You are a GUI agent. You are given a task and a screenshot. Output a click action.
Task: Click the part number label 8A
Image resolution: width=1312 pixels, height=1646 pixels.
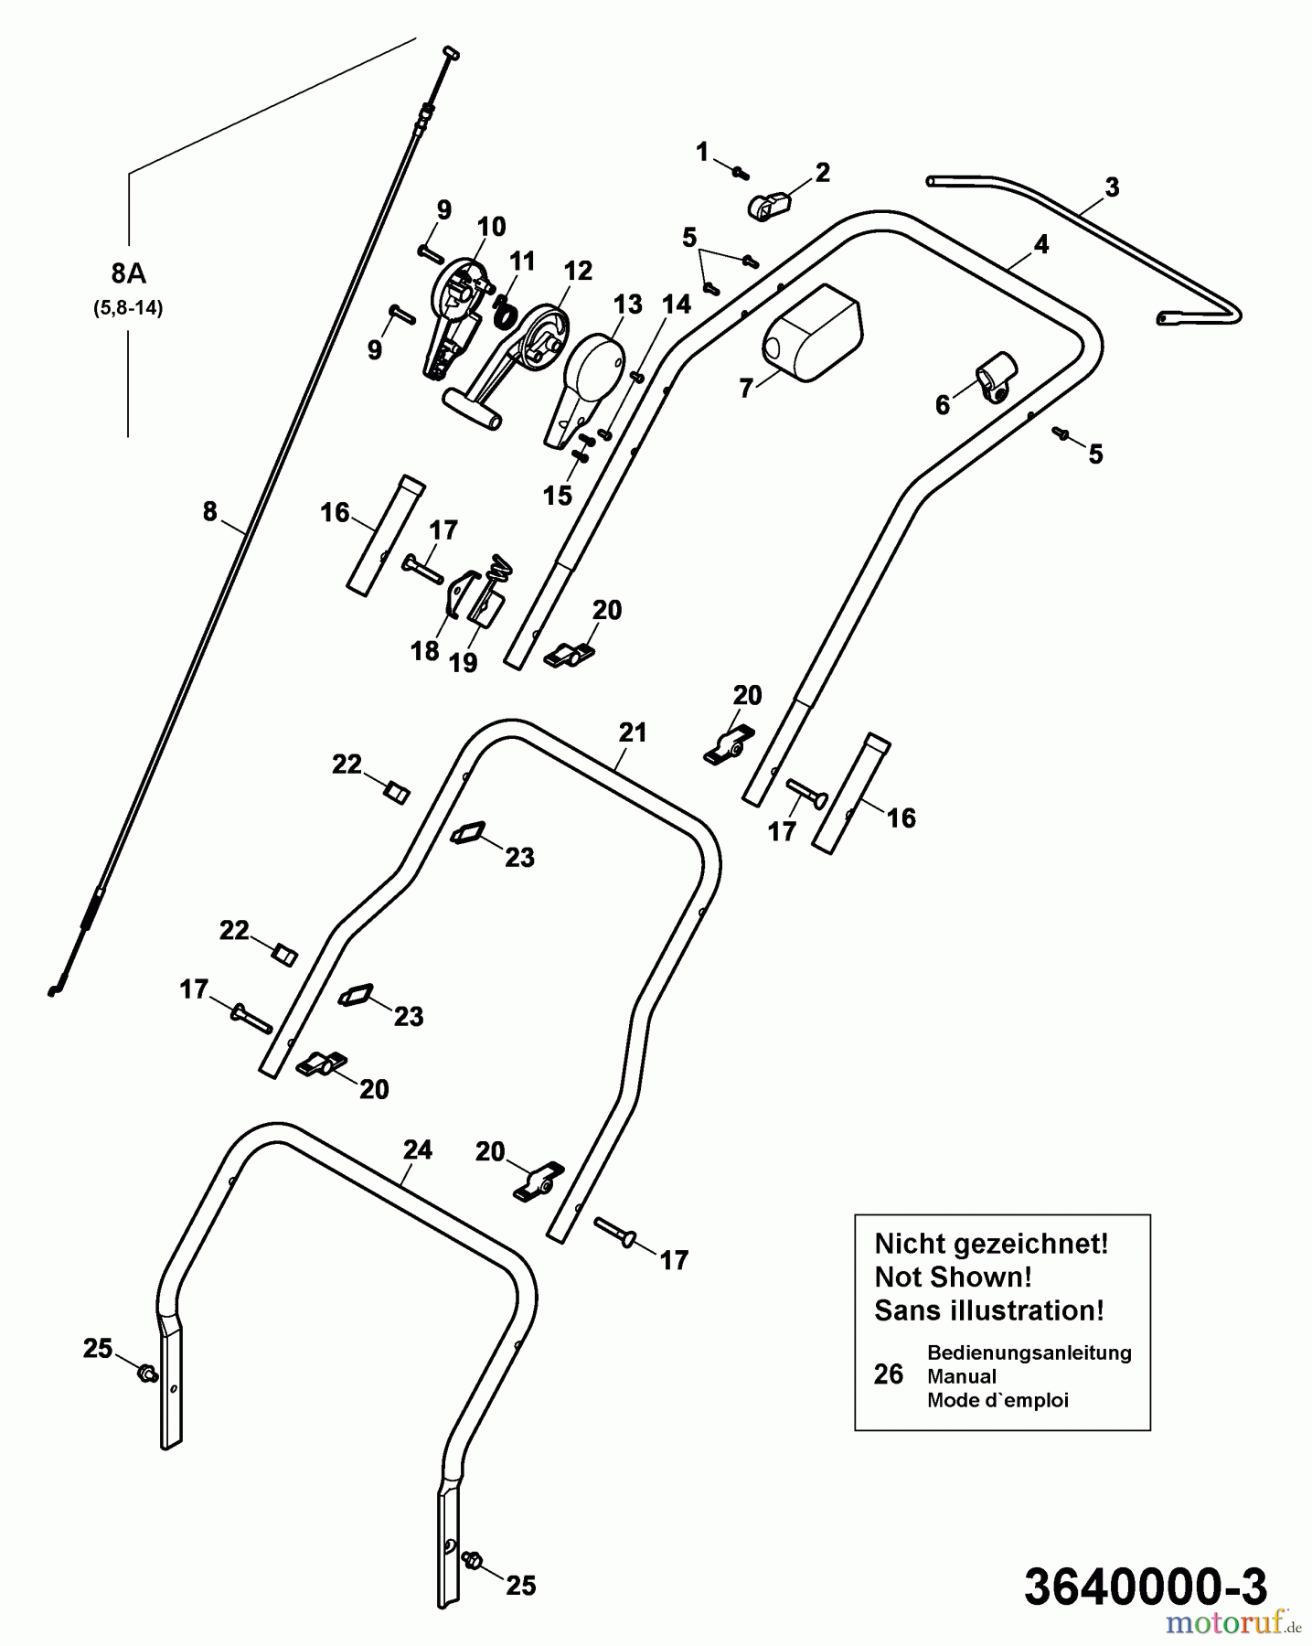(x=128, y=273)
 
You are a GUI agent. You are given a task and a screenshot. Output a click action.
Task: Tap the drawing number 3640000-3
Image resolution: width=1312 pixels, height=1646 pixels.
(x=1146, y=1586)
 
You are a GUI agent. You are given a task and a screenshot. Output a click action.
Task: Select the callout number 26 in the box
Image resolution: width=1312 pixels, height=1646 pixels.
(x=888, y=1375)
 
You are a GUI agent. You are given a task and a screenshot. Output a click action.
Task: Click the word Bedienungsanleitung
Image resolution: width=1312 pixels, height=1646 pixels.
(x=1029, y=1352)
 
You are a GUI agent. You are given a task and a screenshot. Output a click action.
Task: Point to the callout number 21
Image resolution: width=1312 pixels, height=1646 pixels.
(x=632, y=732)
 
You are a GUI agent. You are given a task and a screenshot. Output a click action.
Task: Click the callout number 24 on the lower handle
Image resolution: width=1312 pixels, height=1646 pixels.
(x=417, y=1149)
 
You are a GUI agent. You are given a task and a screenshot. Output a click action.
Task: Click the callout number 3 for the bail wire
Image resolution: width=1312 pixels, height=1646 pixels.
(x=1111, y=187)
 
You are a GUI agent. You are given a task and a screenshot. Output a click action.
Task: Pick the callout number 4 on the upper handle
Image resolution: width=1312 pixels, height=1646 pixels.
(x=1040, y=244)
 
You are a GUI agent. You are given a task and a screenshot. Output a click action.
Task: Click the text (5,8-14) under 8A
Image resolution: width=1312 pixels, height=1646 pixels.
(x=128, y=308)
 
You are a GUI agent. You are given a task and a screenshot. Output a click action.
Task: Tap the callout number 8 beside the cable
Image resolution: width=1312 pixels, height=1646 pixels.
(x=209, y=512)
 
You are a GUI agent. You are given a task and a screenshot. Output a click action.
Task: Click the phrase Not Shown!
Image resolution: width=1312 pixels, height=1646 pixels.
(x=953, y=1277)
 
